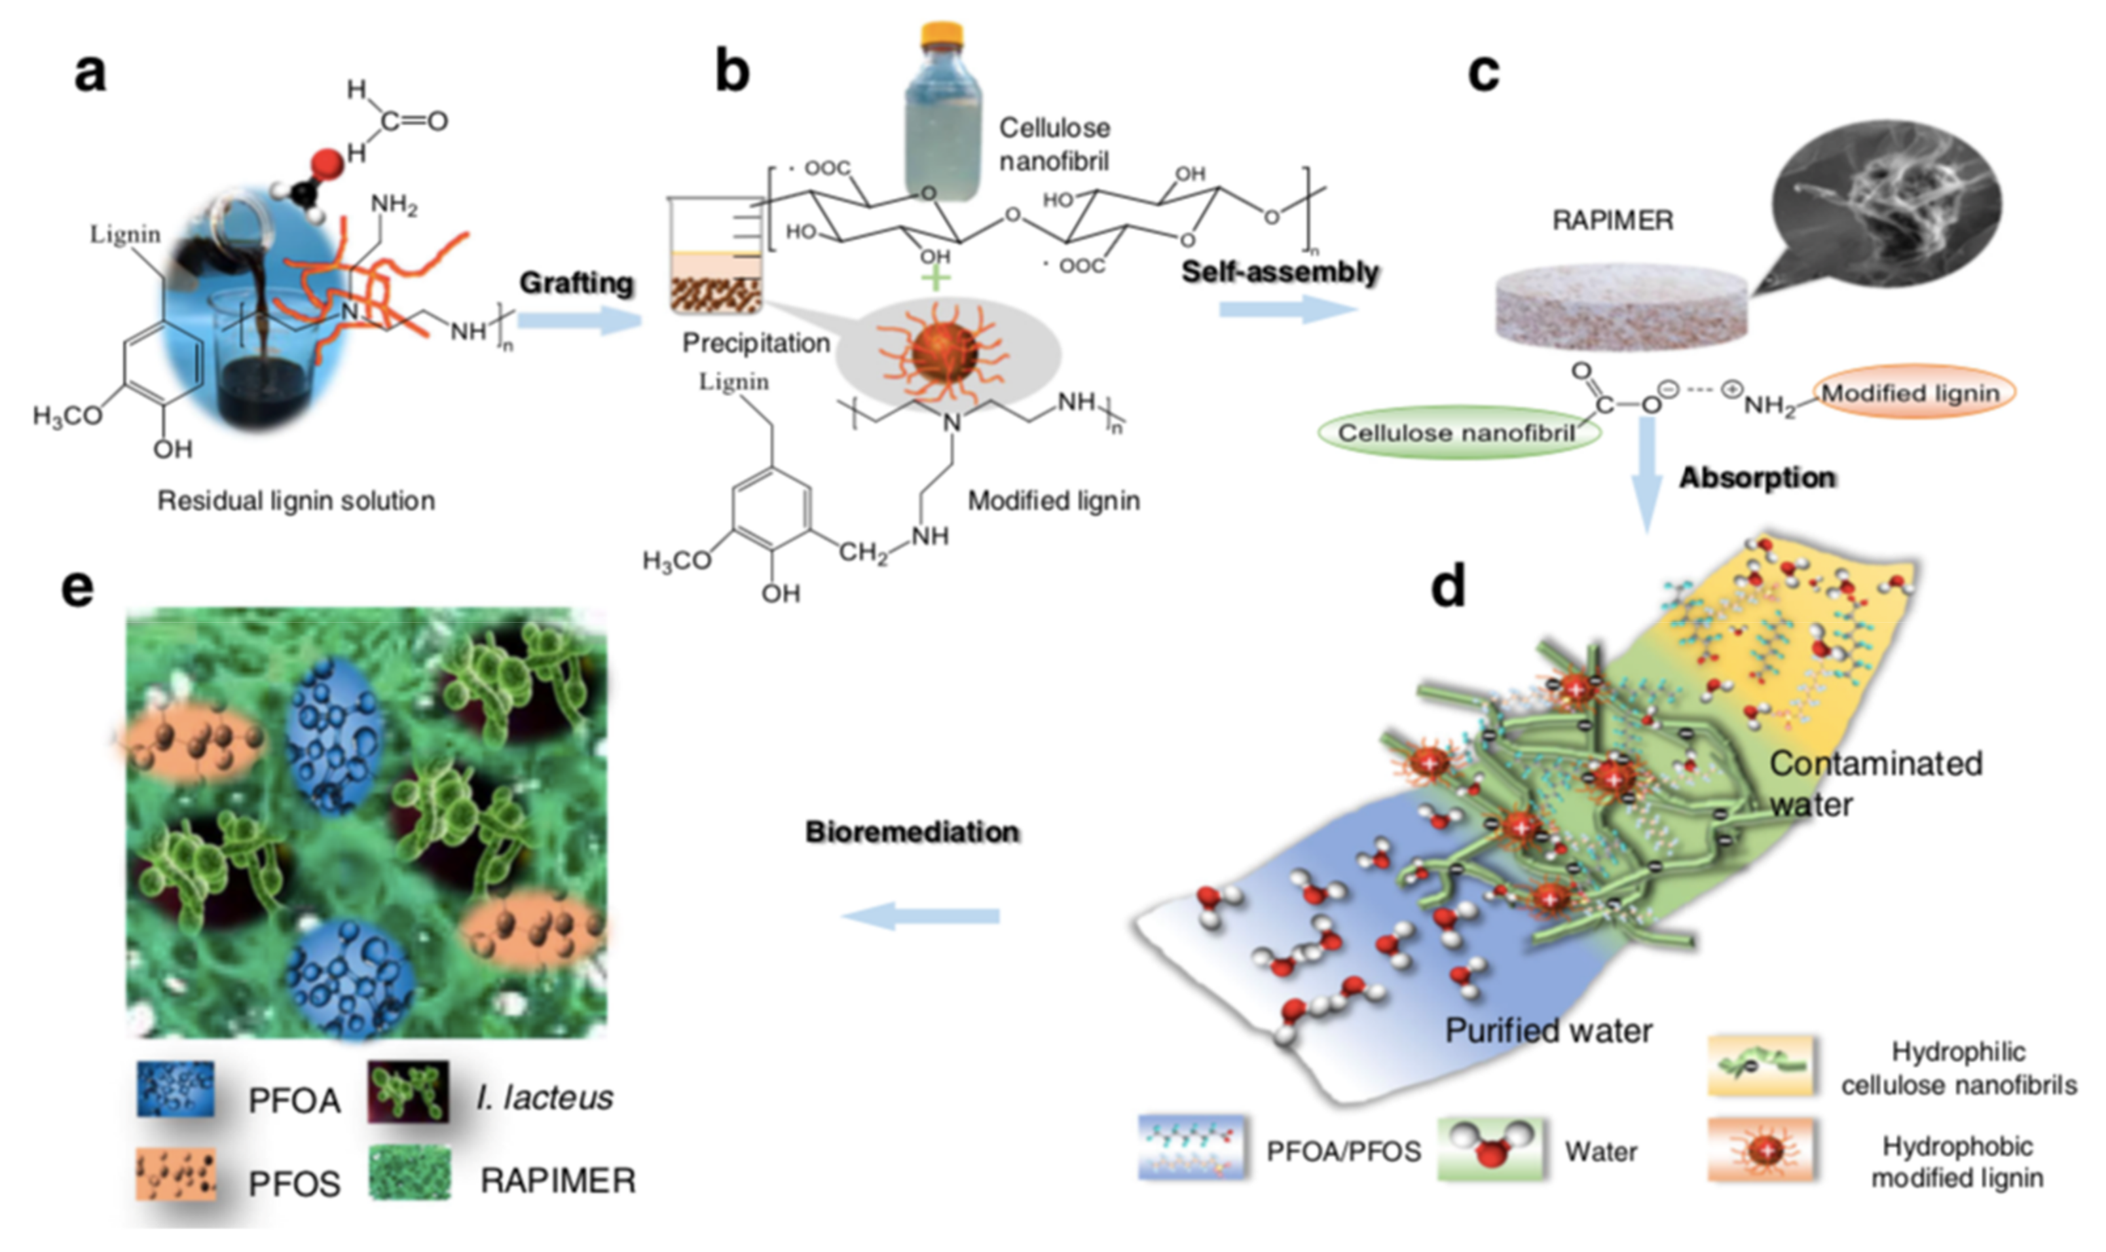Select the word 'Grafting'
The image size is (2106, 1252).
click(576, 283)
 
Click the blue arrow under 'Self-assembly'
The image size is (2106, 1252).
click(1287, 309)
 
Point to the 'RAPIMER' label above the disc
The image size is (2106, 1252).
click(1612, 221)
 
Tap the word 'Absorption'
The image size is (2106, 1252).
click(1757, 477)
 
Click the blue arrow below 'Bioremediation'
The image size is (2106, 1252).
click(921, 915)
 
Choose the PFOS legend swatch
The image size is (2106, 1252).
click(175, 1173)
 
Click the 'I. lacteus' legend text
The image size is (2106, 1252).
click(544, 1097)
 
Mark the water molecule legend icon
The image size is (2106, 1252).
click(1491, 1149)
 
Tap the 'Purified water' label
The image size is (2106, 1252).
click(1548, 1031)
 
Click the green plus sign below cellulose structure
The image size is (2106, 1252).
click(935, 278)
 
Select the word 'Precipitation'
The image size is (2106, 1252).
click(756, 343)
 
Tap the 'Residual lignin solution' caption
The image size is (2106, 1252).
click(296, 501)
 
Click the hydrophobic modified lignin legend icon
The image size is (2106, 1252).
click(1761, 1149)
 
